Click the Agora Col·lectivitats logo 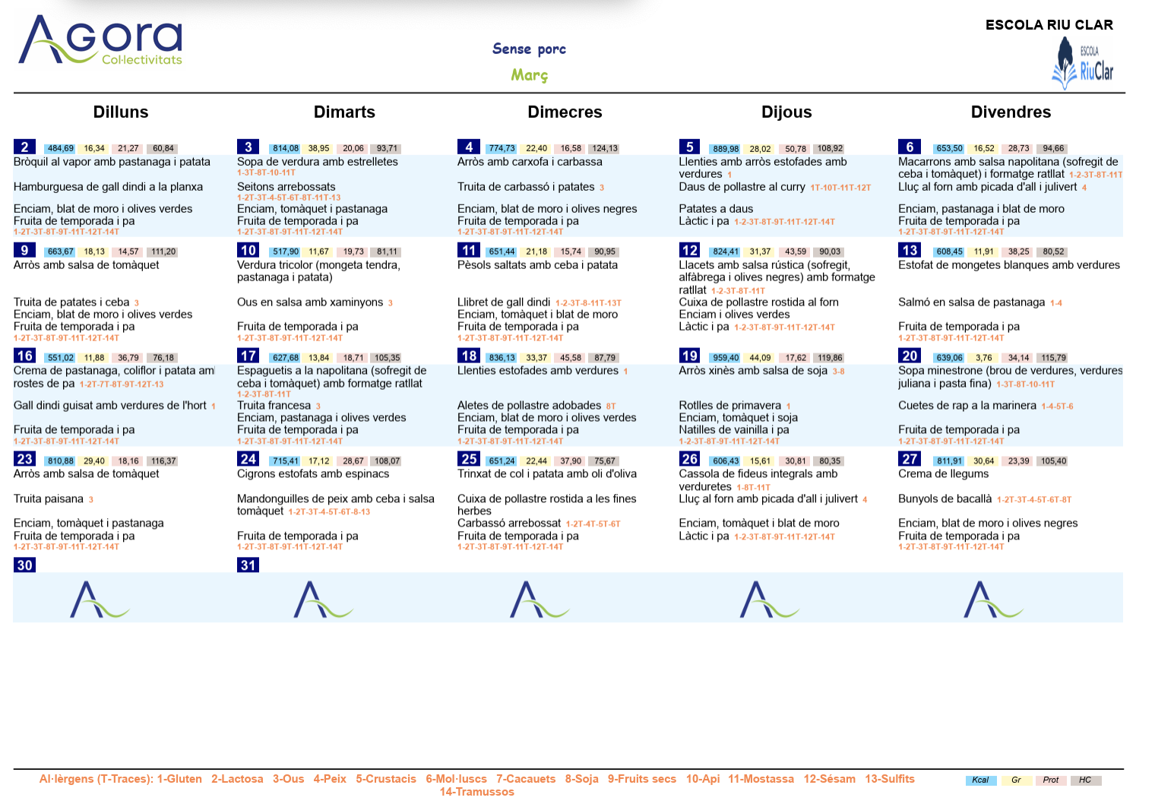[100, 40]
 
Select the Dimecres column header [565, 112]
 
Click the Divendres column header [1011, 112]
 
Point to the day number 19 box [689, 356]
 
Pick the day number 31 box [248, 565]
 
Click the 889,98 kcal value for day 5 [726, 148]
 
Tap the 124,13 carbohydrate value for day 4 [604, 148]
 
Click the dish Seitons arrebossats [286, 187]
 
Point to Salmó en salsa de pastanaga [971, 302]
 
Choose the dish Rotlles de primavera [729, 405]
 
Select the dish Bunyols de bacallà [945, 498]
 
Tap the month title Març [529, 75]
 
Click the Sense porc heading [529, 49]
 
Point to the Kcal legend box [980, 780]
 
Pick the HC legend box [1085, 780]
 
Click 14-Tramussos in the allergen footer [476, 792]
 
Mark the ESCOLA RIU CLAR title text [1049, 25]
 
